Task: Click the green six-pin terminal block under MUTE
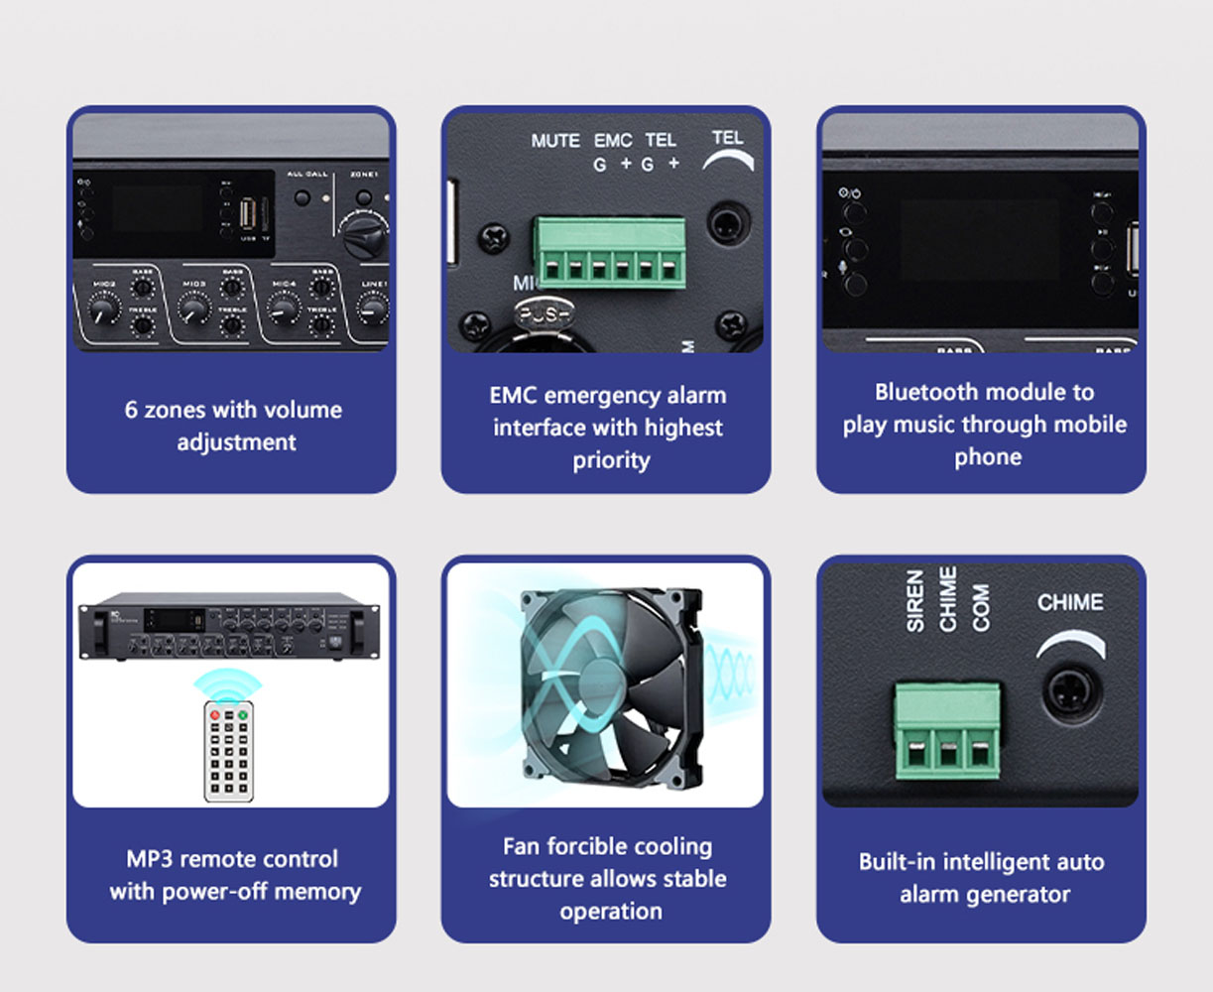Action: point(609,252)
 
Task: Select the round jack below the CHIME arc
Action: point(1071,689)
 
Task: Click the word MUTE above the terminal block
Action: point(555,141)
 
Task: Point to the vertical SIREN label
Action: point(915,601)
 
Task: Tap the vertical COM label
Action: point(981,606)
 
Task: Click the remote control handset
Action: point(228,749)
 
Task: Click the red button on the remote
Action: point(214,713)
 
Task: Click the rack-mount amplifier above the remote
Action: point(230,629)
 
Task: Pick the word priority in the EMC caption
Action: point(611,460)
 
